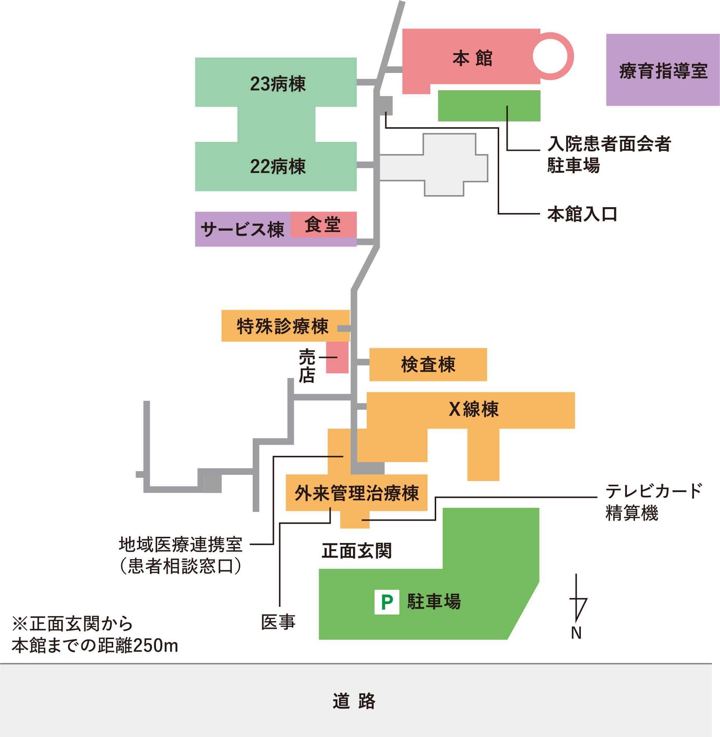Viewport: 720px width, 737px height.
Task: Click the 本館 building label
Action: point(472,59)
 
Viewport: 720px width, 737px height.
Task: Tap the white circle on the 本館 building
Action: point(550,56)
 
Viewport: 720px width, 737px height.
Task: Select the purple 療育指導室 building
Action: point(663,70)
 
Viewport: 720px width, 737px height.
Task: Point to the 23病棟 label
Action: point(278,84)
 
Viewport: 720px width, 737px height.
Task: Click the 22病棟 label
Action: point(278,166)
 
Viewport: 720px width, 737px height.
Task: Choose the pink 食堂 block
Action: point(323,224)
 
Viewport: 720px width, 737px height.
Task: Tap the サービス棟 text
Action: point(242,230)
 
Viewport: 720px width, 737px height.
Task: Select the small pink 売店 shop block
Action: point(337,357)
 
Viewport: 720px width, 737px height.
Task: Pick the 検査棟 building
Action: point(428,364)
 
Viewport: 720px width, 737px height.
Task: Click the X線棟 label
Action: point(474,409)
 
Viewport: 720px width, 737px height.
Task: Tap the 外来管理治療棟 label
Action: point(357,493)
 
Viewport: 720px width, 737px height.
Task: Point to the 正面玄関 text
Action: point(356,551)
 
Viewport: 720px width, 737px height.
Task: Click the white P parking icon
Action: point(386,602)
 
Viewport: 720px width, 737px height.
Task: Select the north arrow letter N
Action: point(576,633)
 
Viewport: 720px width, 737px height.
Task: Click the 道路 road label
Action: point(354,701)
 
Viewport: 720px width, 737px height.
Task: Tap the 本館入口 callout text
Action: point(582,214)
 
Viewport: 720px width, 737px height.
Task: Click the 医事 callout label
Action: point(278,622)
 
